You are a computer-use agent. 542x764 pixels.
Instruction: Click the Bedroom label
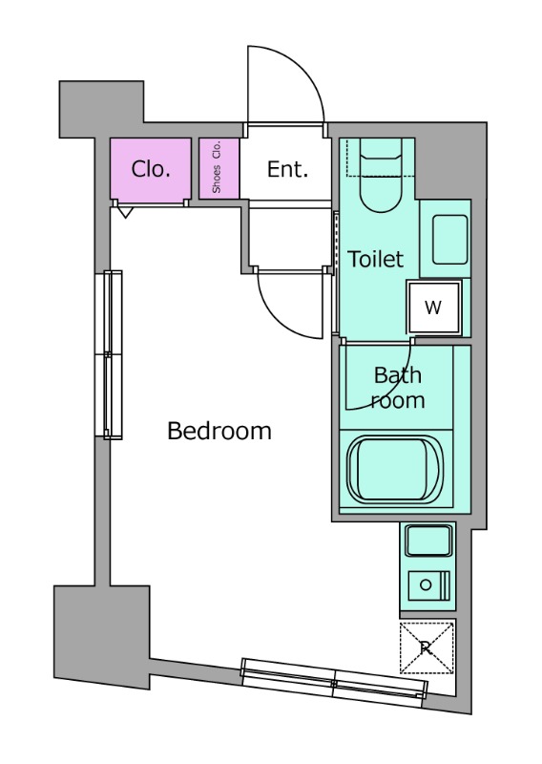click(219, 432)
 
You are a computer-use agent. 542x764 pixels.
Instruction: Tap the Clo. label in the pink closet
click(151, 169)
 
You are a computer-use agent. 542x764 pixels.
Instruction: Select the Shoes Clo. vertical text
click(217, 166)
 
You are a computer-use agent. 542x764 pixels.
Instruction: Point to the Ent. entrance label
click(287, 169)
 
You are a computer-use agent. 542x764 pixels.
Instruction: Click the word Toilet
click(375, 259)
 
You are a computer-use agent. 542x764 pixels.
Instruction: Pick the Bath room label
click(398, 388)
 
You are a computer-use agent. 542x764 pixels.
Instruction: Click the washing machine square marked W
click(433, 308)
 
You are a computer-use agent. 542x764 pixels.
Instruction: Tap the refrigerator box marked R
click(427, 647)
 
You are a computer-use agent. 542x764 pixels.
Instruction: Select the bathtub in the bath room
click(395, 469)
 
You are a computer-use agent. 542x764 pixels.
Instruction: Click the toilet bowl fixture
click(382, 177)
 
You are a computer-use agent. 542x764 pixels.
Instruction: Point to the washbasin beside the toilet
click(450, 240)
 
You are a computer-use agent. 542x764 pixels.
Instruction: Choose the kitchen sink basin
click(428, 541)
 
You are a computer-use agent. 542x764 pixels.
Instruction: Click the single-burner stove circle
click(426, 584)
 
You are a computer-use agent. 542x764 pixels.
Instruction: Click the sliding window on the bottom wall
click(334, 682)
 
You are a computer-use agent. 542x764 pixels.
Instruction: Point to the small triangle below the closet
click(126, 212)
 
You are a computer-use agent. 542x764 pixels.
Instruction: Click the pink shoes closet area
click(219, 169)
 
